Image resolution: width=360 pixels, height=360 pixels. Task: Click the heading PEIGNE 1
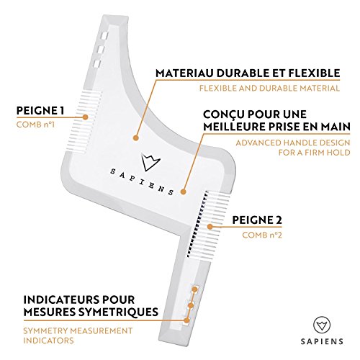pos(40,111)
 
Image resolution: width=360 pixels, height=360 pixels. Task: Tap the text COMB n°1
pos(35,125)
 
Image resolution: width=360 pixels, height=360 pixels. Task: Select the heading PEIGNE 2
pos(257,220)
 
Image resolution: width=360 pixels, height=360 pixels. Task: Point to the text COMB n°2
pos(262,235)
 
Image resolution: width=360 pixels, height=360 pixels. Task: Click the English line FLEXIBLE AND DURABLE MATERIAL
pos(269,89)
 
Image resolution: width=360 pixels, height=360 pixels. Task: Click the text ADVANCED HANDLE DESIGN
pos(293,143)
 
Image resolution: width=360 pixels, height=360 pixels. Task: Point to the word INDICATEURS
pos(62,300)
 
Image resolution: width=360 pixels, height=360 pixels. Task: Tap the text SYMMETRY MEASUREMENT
pos(78,330)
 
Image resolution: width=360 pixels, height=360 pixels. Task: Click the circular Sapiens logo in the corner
pos(322,325)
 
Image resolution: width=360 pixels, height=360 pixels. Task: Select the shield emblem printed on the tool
pos(150,162)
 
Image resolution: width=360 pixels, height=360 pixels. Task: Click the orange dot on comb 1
pos(85,117)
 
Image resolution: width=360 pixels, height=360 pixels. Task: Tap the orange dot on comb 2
pos(210,227)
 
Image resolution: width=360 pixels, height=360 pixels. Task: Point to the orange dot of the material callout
pos(136,138)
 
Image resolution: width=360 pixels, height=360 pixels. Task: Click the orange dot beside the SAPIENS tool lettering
pos(183,192)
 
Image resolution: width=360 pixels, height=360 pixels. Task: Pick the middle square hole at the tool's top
pos(101,50)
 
